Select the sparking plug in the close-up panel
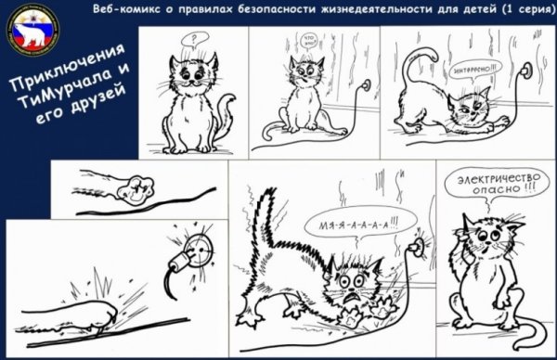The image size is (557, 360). (193, 245)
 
